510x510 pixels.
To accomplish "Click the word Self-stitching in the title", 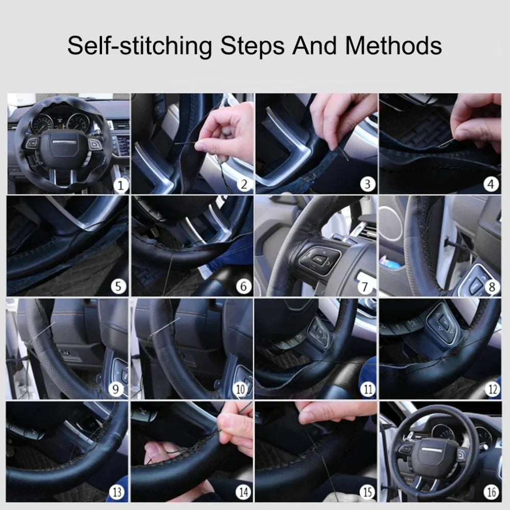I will coord(139,46).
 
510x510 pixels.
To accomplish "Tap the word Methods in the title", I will coord(393,45).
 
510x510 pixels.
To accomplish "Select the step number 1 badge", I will coord(120,185).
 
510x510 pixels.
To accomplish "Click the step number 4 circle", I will coord(491,184).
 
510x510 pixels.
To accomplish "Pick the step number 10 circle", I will coord(241,390).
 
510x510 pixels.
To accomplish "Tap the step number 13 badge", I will coord(117,492).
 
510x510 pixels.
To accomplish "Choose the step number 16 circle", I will coord(491,492).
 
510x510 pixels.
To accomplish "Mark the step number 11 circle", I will coord(367,390).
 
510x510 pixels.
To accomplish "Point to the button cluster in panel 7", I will coord(316,260).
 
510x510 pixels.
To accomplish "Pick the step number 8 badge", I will coord(492,287).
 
